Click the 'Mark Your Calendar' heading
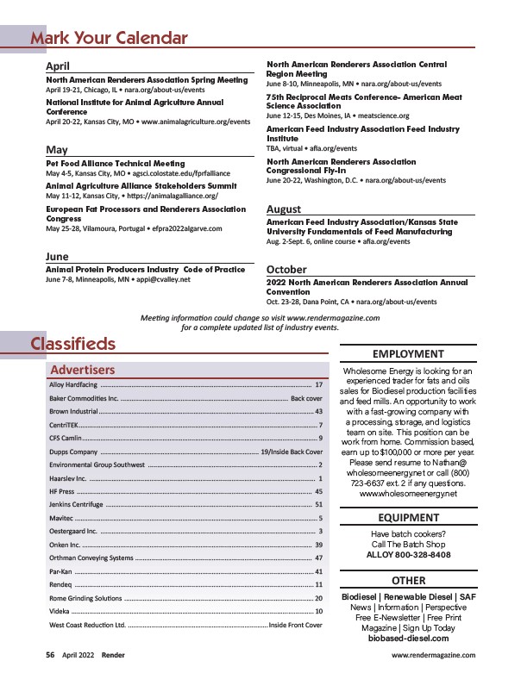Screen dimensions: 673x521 coord(109,38)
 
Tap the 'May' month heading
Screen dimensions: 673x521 coord(56,150)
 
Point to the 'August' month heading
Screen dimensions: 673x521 coord(284,209)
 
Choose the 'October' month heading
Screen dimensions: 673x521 coord(287,270)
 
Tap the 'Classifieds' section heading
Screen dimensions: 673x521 coord(73,344)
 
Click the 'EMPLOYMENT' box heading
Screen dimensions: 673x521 coord(408,353)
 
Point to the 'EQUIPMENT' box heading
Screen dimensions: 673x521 coord(408,518)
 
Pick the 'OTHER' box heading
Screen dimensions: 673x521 coord(408,581)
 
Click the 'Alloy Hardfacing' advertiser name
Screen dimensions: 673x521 coord(72,384)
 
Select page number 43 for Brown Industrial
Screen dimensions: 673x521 coord(318,412)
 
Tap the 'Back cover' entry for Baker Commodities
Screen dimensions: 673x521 coord(306,398)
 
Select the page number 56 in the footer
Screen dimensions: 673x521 coord(51,655)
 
